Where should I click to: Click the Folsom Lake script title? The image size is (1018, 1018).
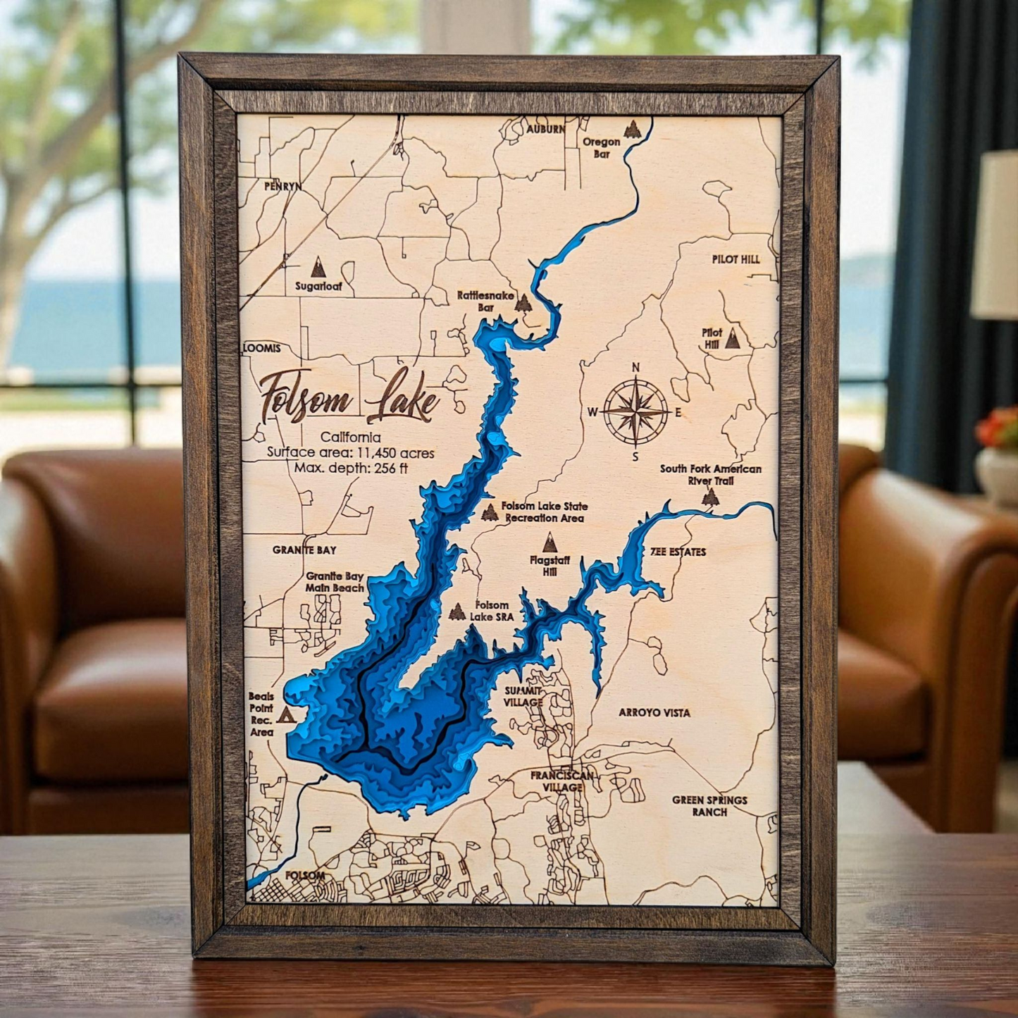pos(349,399)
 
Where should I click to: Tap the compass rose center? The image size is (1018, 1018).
pos(635,412)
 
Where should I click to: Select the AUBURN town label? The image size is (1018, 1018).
pos(546,130)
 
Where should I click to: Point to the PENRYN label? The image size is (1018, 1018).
pos(283,187)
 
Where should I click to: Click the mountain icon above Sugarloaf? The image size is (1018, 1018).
pos(318,267)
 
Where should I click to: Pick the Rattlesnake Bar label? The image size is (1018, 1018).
pos(485,302)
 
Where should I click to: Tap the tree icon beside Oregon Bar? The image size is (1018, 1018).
pos(632,129)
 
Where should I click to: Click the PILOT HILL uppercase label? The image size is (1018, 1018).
pos(735,259)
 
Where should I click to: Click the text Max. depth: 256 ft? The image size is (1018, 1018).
pos(351,468)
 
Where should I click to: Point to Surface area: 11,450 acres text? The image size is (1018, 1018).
pos(350,453)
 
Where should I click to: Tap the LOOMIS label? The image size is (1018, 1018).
pos(262,348)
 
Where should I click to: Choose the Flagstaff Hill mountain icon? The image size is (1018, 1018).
pos(550,542)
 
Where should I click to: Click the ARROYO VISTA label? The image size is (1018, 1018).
pos(654,712)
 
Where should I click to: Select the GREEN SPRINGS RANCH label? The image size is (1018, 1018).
pos(709,805)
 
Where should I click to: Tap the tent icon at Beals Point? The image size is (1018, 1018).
pos(285,715)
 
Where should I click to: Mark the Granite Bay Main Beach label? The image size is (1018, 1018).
pos(335,582)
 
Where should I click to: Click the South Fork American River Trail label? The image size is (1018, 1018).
pos(710,474)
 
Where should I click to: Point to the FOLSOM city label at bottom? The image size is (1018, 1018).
pos(305,876)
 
